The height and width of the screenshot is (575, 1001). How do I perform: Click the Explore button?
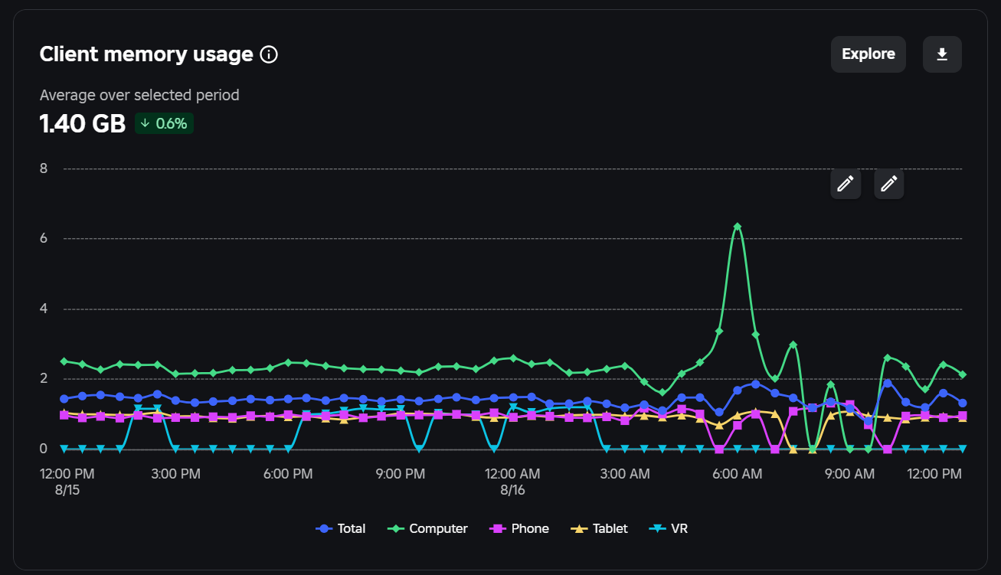tap(868, 54)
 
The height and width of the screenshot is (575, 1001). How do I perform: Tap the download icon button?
tap(942, 54)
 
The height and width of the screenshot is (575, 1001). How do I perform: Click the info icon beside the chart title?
tap(269, 54)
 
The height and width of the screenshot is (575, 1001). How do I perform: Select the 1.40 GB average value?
tap(82, 123)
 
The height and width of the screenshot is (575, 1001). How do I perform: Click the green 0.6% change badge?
tap(164, 123)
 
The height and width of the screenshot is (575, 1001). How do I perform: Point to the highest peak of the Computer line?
tap(738, 227)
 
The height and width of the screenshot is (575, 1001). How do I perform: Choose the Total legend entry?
tap(341, 528)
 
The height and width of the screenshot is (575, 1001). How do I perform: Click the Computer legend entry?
tap(427, 528)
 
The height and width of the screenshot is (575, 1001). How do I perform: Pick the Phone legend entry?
tap(518, 528)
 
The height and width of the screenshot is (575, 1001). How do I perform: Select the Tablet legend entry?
tap(599, 528)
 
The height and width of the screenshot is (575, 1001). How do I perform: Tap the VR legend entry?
tap(668, 528)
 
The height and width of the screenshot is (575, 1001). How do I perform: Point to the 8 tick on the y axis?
tap(44, 168)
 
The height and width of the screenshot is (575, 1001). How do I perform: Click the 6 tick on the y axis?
tap(44, 238)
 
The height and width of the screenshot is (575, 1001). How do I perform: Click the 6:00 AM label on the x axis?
tap(738, 474)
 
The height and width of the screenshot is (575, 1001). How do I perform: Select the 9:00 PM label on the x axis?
tap(401, 474)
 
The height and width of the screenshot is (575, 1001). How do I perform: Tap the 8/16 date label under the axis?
tap(512, 490)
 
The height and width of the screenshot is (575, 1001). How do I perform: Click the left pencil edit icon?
tap(846, 184)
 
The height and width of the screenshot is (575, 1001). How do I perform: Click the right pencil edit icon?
tap(889, 184)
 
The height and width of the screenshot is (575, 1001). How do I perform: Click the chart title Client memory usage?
tap(146, 54)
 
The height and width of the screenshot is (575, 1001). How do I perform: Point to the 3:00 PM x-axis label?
tap(175, 474)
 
